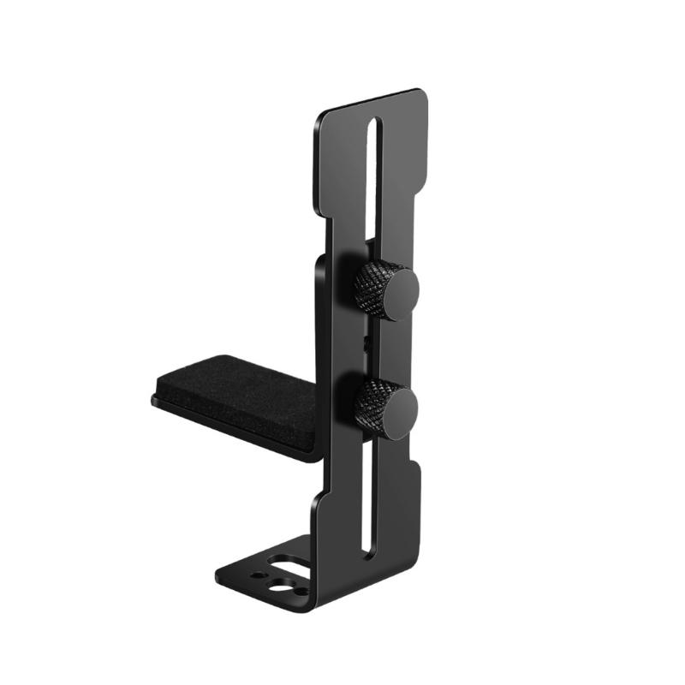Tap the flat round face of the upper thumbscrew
tap(398, 295)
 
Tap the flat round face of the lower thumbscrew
tap(398, 414)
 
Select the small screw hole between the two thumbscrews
tap(366, 342)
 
